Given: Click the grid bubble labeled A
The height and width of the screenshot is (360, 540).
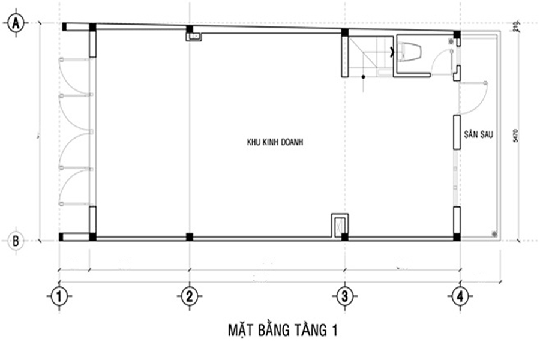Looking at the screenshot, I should [x=14, y=23].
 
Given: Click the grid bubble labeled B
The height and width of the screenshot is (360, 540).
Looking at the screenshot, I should [x=15, y=241].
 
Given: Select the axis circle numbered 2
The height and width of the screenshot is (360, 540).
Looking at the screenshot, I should [x=189, y=296].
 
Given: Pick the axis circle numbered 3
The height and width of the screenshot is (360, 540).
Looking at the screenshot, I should [x=344, y=296].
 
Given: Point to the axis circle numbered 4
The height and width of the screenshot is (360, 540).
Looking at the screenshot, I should [x=459, y=296].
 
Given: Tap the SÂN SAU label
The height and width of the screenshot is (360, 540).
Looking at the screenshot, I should [x=478, y=135].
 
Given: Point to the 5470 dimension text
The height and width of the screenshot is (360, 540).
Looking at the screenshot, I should [x=515, y=136].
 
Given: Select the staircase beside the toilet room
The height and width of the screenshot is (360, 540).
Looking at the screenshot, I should [x=369, y=55].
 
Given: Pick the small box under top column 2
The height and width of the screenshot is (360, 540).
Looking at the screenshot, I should [x=194, y=37].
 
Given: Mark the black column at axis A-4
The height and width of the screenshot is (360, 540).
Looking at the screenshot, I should [x=457, y=34].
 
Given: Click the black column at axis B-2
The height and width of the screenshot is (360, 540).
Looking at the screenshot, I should [x=190, y=237].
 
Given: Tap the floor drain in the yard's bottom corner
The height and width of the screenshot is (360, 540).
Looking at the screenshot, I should [x=493, y=233].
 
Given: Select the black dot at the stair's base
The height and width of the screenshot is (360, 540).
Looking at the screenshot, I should [x=364, y=77].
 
